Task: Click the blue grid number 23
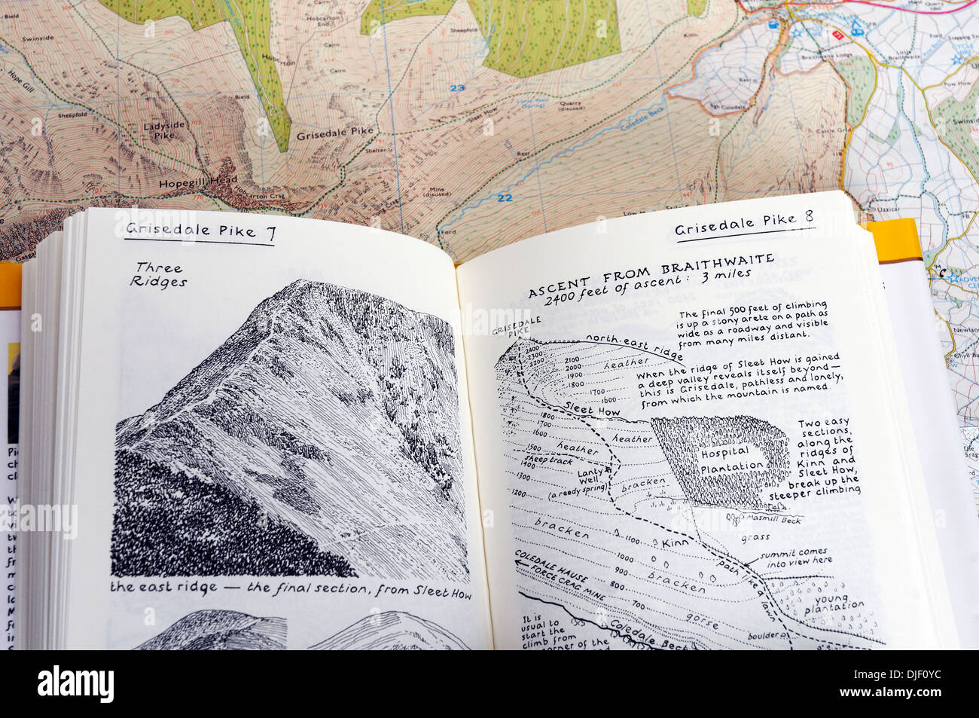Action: pyautogui.click(x=457, y=88)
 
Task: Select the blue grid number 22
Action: pyautogui.click(x=504, y=198)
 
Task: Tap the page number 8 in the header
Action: pyautogui.click(x=808, y=218)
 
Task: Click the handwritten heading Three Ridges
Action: pyautogui.click(x=158, y=275)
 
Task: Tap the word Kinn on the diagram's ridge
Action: pyautogui.click(x=674, y=542)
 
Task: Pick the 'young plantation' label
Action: pyautogui.click(x=833, y=598)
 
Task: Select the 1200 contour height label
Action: pyautogui.click(x=519, y=492)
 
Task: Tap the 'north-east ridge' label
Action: pyautogui.click(x=634, y=346)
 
